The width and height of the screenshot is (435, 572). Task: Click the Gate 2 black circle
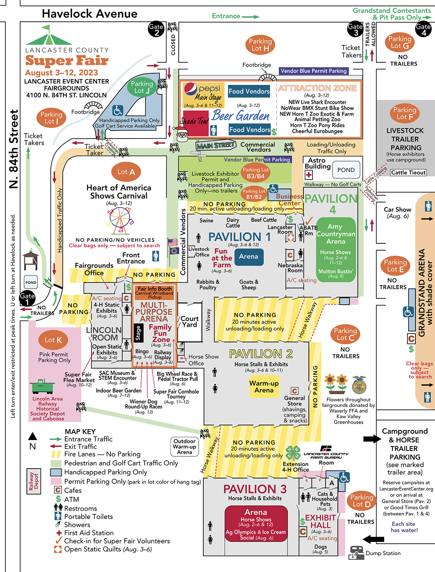pyautogui.click(x=156, y=29)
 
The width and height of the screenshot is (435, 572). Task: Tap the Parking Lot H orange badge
pyautogui.click(x=260, y=45)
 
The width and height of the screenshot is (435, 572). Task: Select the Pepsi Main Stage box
pyautogui.click(x=203, y=95)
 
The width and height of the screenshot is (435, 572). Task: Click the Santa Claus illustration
pyautogui.click(x=181, y=133)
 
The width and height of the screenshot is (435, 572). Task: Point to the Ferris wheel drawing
pyautogui.click(x=119, y=220)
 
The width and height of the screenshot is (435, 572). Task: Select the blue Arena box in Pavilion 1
pyautogui.click(x=248, y=256)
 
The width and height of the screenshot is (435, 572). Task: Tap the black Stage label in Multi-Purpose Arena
pyautogui.click(x=138, y=333)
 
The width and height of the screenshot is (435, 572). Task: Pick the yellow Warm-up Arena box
pyautogui.click(x=264, y=387)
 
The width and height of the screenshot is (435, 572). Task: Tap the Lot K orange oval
pyautogui.click(x=53, y=340)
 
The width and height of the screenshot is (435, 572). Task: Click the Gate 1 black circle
pyautogui.click(x=27, y=299)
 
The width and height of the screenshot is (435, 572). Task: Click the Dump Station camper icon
pyautogui.click(x=356, y=554)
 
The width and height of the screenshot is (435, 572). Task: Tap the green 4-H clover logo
pyautogui.click(x=293, y=453)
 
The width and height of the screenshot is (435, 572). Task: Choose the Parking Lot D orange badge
pyautogui.click(x=361, y=501)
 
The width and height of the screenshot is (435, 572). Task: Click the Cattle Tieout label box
pyautogui.click(x=408, y=173)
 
